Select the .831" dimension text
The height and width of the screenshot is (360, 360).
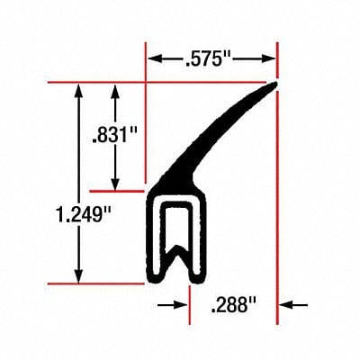[x=114, y=136]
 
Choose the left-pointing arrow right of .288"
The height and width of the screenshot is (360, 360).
[x=284, y=305]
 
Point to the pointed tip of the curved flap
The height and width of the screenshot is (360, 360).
[x=274, y=85]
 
